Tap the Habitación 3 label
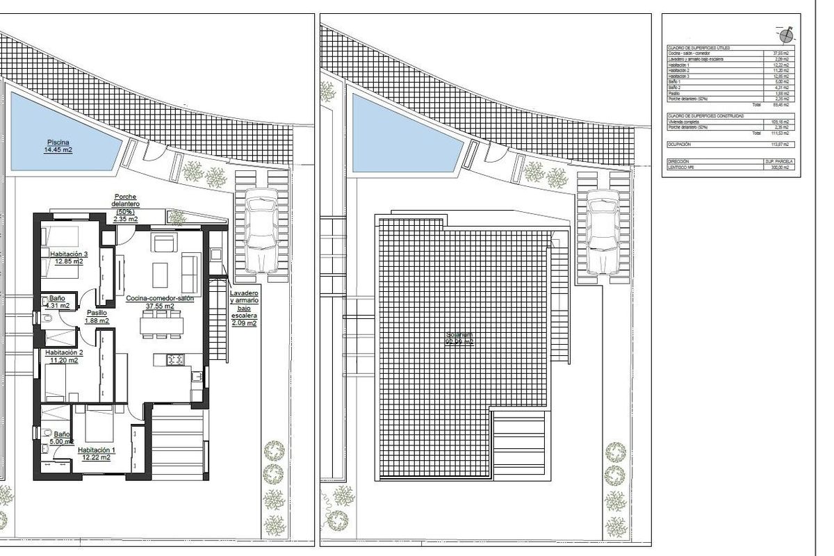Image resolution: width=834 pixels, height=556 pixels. pyautogui.click(x=68, y=258)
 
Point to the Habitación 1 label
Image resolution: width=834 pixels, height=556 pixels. pyautogui.click(x=97, y=453)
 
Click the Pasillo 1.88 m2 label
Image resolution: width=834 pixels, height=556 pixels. pyautogui.click(x=97, y=317)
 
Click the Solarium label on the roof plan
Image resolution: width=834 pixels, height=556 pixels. pyautogui.click(x=459, y=338)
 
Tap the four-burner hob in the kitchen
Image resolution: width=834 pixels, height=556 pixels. pyautogui.click(x=174, y=359)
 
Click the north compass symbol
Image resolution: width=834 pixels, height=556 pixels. pyautogui.click(x=786, y=34)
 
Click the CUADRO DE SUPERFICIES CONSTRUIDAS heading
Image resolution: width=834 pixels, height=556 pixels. pyautogui.click(x=705, y=116)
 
